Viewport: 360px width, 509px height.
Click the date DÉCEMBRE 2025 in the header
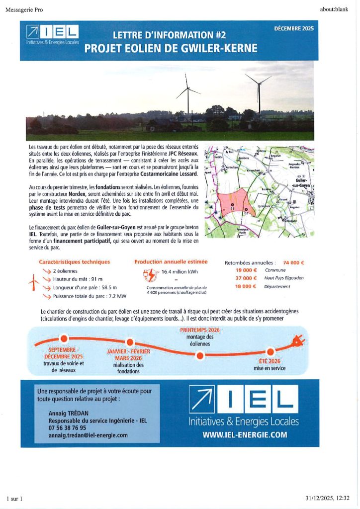click(x=294, y=28)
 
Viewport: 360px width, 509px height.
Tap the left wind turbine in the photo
click(x=188, y=94)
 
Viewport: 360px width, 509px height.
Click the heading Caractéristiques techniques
click(x=75, y=262)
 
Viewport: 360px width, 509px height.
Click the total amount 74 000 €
click(x=293, y=262)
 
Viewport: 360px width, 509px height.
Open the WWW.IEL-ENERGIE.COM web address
click(x=245, y=434)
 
